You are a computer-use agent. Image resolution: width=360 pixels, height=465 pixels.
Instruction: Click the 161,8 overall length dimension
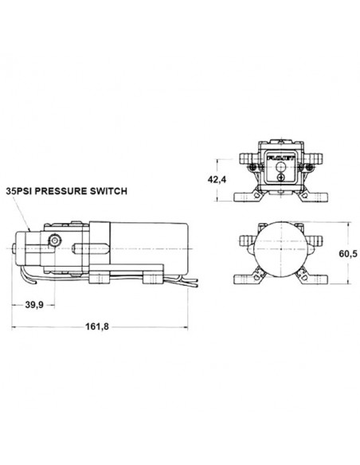(x=97, y=326)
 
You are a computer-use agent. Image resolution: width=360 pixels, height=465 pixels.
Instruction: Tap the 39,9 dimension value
(x=34, y=305)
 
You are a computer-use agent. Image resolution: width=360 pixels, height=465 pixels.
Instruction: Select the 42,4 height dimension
(x=217, y=179)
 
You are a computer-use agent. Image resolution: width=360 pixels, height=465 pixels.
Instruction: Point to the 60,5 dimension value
(x=348, y=253)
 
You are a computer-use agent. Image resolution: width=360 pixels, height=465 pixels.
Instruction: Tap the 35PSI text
(x=19, y=191)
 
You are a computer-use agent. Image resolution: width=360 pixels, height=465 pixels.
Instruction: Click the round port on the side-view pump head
(x=55, y=240)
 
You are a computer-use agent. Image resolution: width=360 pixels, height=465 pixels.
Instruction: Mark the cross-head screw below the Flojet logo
(x=281, y=178)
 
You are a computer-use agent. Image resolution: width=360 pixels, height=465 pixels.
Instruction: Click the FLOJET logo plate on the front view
(x=281, y=158)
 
